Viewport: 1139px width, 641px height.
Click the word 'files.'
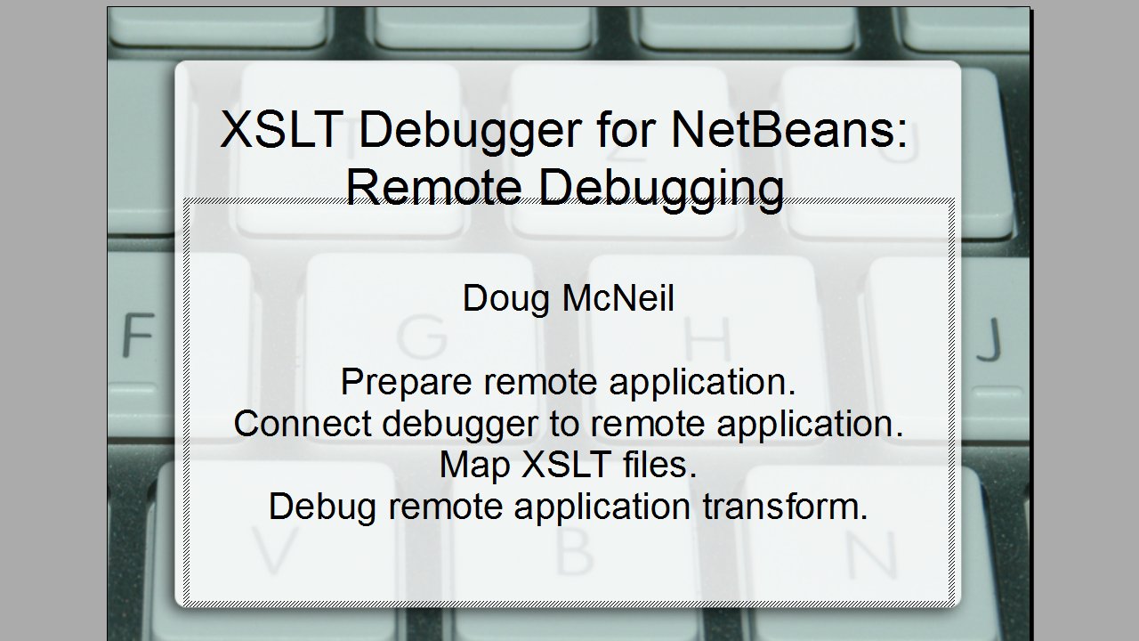(663, 465)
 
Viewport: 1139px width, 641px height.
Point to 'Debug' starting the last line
(324, 507)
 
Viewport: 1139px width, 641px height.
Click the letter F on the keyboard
(138, 336)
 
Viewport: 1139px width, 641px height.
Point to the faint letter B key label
(574, 551)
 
